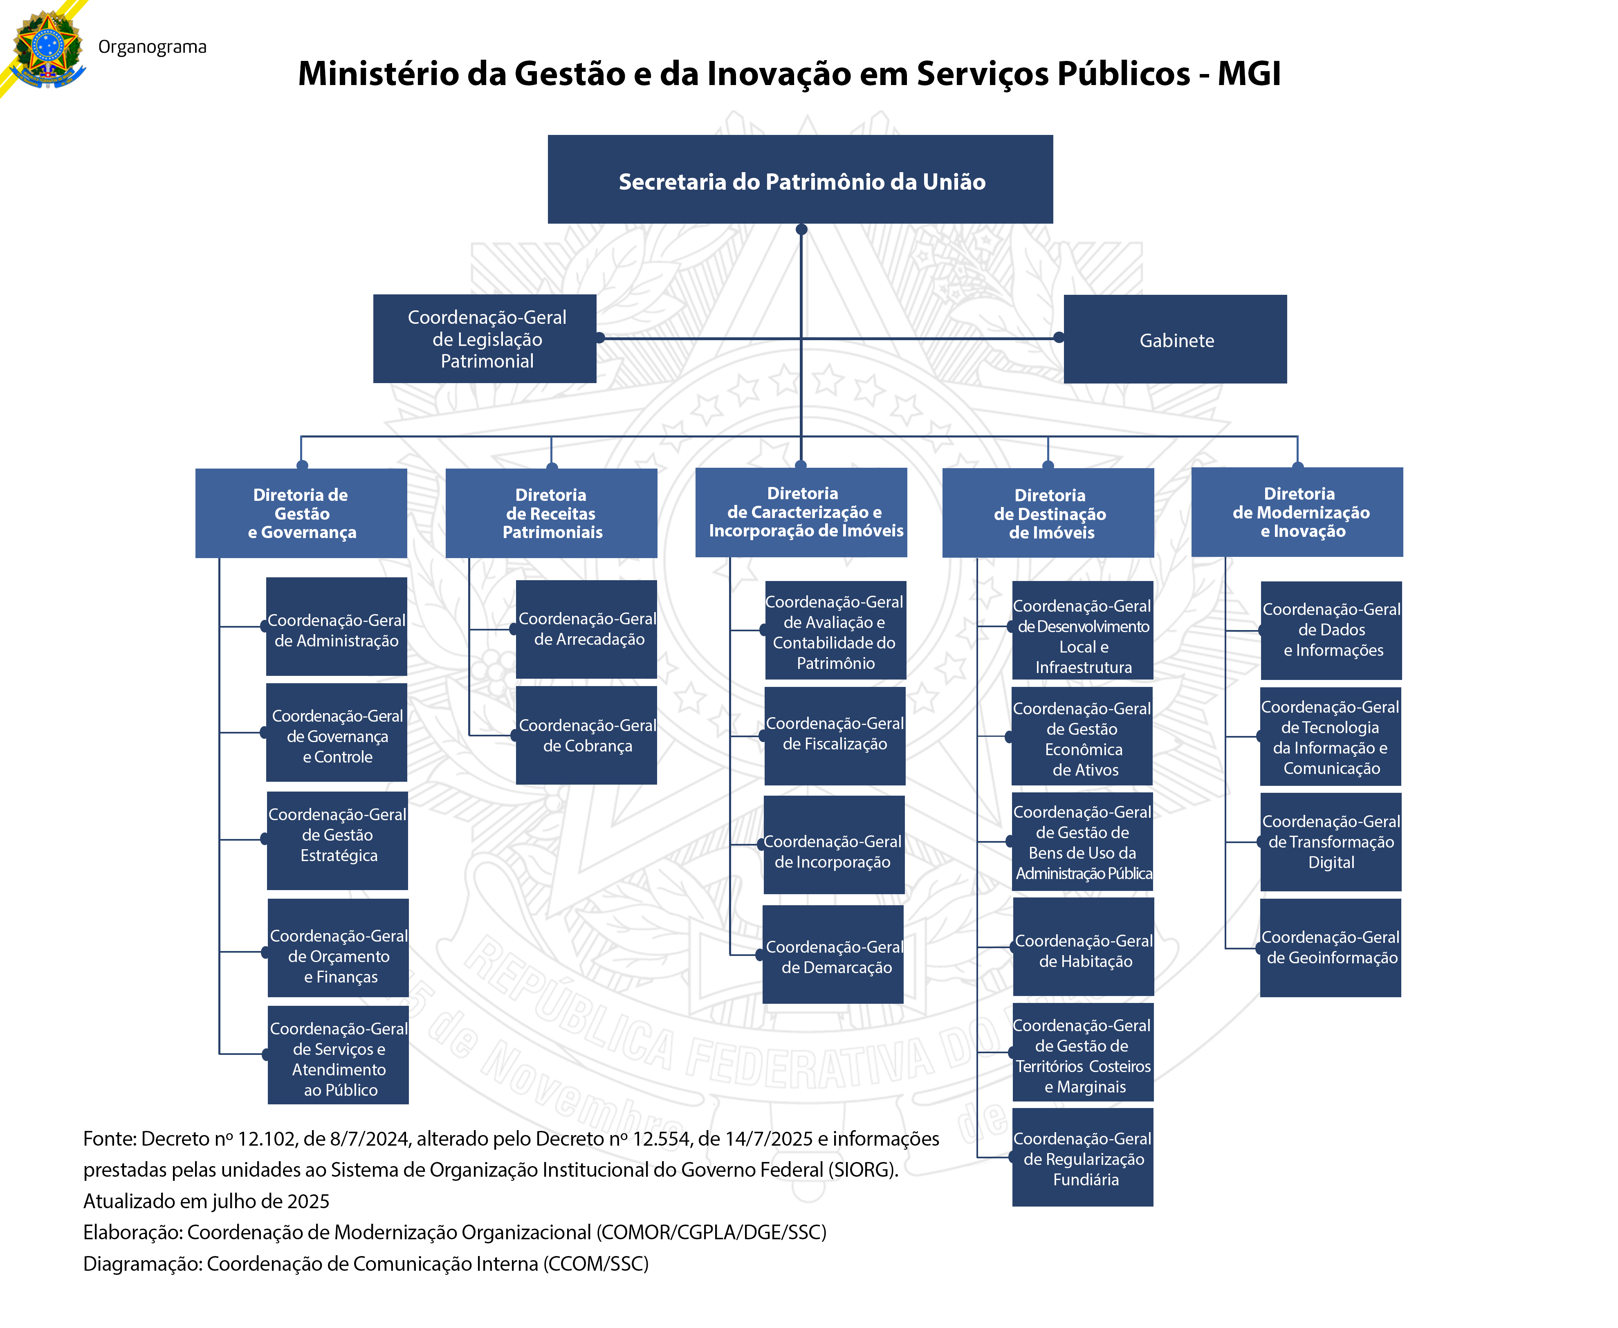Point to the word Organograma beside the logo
click(152, 47)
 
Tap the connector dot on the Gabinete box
click(1059, 337)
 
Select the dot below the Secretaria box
click(801, 229)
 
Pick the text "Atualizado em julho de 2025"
click(206, 1201)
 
